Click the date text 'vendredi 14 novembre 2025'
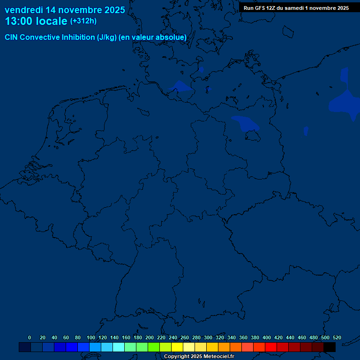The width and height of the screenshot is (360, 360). [x=65, y=10]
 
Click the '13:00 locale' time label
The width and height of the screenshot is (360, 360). [x=36, y=21]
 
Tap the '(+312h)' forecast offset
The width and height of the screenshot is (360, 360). [x=83, y=21]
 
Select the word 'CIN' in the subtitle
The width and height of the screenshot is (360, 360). [x=12, y=37]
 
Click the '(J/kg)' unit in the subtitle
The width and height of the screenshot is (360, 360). [x=107, y=37]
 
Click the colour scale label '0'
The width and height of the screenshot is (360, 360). [x=30, y=337]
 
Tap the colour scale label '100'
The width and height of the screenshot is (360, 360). [x=91, y=337]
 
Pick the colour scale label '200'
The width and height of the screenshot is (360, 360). [x=150, y=337]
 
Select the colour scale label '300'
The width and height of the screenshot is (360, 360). [x=208, y=337]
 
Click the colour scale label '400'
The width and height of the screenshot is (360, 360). [x=267, y=337]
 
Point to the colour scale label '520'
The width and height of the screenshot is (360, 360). [x=337, y=337]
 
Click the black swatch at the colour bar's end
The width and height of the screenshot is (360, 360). [x=330, y=347]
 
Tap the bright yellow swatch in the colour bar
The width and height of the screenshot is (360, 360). [x=177, y=347]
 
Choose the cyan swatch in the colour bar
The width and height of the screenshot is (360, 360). [x=119, y=347]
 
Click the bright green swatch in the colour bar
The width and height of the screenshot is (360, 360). [x=154, y=347]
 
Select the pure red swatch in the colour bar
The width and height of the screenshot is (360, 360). [x=271, y=347]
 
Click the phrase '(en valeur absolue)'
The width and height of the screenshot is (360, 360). [x=153, y=37]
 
